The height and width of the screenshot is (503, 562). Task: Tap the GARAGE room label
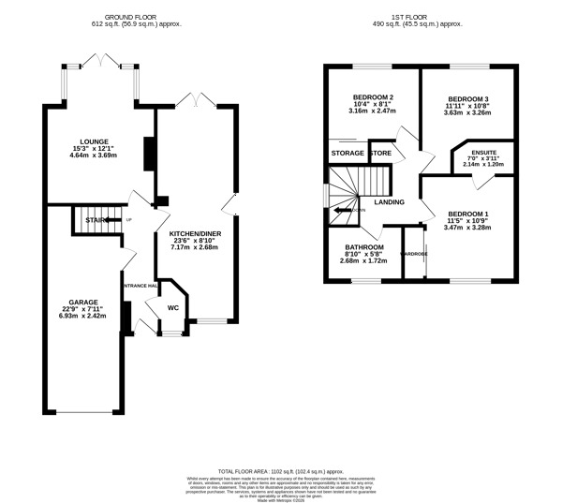pyautogui.click(x=82, y=302)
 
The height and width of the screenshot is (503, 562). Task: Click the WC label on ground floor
pyautogui.click(x=172, y=307)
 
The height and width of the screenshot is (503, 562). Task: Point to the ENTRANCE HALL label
pyautogui.click(x=139, y=287)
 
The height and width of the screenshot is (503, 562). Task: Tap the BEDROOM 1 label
pyautogui.click(x=468, y=213)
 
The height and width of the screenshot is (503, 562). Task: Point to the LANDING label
pyautogui.click(x=388, y=201)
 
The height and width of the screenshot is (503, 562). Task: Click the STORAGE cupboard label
pyautogui.click(x=347, y=153)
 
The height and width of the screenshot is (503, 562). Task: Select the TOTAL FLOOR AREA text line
pyautogui.click(x=281, y=471)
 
